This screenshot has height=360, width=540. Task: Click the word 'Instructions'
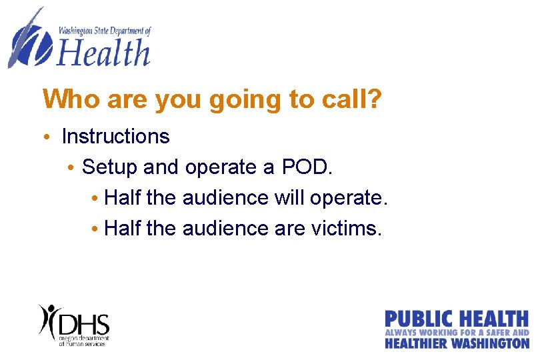(x=115, y=137)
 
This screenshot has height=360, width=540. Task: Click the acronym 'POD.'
(x=307, y=167)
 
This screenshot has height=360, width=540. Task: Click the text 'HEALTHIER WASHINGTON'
(x=457, y=343)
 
